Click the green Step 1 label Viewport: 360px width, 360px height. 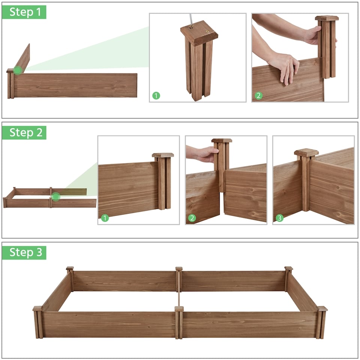pos(24,12)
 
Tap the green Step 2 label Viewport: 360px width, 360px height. pos(24,133)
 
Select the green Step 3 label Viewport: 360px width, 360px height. pos(24,253)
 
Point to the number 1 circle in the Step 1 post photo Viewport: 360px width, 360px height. pos(156,96)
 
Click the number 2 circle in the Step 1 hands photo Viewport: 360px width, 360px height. pos(258,96)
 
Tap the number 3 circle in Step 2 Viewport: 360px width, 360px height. pos(279,218)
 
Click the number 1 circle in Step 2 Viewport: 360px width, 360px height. pos(105,218)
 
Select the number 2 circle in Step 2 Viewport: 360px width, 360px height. pos(192,218)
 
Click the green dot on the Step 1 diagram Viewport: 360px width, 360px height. pos(18,70)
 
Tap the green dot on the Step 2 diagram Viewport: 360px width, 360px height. pos(56,196)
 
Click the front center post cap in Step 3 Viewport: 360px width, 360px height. pos(179,309)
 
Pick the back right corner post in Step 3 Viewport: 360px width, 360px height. pos(288,277)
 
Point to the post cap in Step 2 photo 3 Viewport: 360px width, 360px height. pos(306,153)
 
